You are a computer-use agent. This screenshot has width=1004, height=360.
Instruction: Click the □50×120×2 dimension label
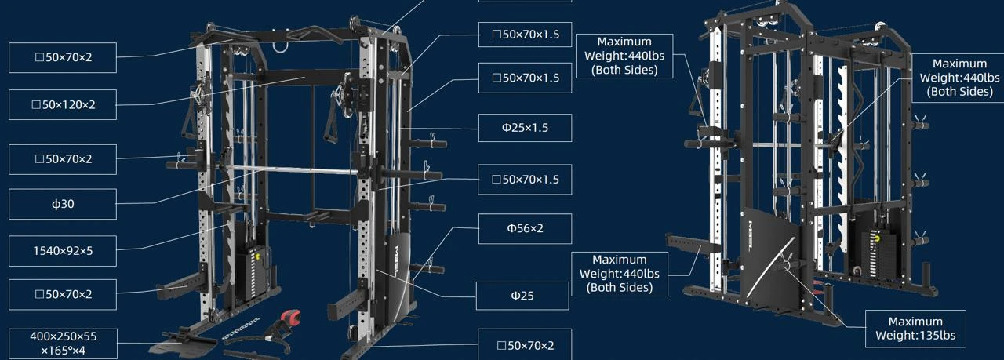(x=63, y=104)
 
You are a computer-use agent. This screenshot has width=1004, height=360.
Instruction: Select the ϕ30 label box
(x=63, y=204)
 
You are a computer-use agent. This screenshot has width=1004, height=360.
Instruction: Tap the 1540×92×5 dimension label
(x=63, y=251)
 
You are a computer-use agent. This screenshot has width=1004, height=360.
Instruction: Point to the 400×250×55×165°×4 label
(x=63, y=344)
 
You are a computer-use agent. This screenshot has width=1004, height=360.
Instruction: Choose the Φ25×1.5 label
(x=525, y=128)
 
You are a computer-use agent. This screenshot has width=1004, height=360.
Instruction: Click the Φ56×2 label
(x=525, y=229)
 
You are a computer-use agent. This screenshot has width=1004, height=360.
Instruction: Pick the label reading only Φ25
(x=522, y=296)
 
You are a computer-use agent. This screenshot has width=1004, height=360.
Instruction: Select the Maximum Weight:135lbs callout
(x=915, y=329)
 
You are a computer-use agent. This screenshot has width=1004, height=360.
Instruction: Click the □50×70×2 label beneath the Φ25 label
(x=525, y=345)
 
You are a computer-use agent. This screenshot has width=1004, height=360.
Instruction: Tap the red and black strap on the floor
(x=289, y=318)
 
